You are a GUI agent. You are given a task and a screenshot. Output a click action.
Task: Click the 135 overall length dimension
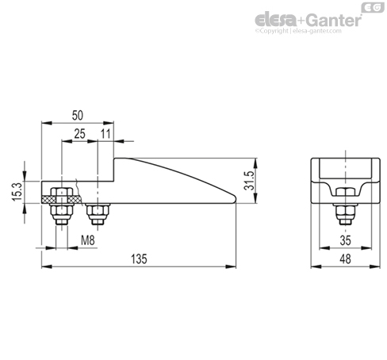[139, 259]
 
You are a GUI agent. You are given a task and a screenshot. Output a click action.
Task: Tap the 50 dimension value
[78, 116]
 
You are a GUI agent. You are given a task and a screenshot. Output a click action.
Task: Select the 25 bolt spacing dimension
[79, 134]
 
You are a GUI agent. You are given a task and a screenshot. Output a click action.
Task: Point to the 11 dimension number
[105, 134]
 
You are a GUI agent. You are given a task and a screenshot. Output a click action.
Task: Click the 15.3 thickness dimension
[18, 191]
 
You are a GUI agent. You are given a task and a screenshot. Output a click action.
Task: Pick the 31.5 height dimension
[249, 181]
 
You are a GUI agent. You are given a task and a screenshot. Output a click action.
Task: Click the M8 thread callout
[88, 240]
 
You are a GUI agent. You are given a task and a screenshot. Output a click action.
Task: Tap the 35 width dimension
[345, 240]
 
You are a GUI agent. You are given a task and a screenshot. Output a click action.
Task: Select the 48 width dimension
[345, 259]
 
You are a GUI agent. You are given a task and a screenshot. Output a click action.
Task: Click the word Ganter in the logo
[334, 20]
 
